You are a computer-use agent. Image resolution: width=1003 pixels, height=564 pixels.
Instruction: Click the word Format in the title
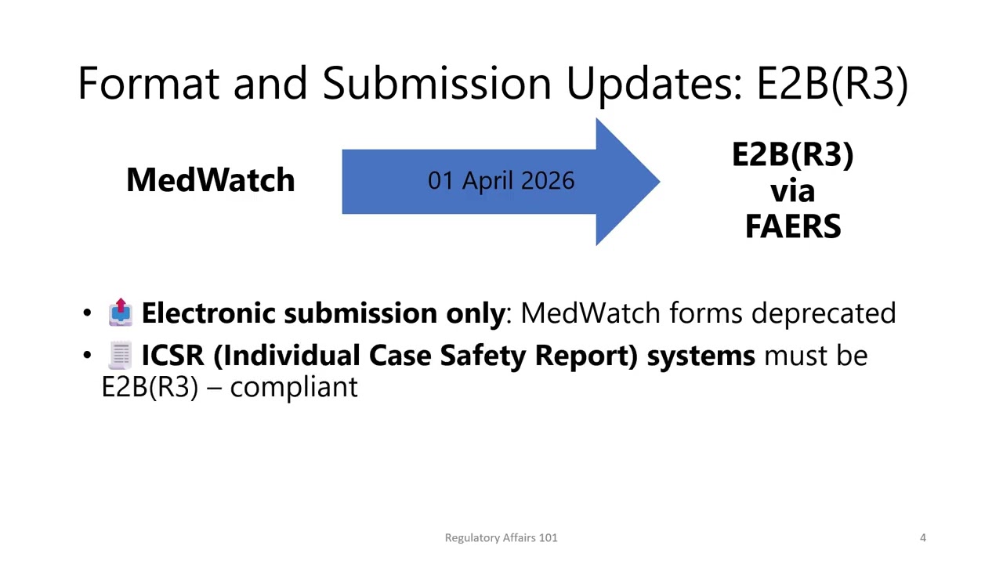tap(148, 83)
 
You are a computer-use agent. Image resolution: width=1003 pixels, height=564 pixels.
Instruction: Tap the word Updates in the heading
tap(654, 83)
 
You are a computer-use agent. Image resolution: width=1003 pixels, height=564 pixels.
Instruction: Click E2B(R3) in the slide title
tap(831, 83)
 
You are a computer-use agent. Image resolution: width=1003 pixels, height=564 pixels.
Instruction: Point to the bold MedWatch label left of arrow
tap(210, 180)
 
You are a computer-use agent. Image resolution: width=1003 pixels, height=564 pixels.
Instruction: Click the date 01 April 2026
tap(501, 181)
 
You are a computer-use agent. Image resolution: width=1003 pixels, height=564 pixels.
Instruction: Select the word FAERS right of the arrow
tap(792, 226)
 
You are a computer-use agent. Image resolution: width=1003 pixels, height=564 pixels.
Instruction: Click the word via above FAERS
tap(792, 191)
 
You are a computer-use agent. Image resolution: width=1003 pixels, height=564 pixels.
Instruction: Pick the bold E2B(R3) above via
tap(792, 155)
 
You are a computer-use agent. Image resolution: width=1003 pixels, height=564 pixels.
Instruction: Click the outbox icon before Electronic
tap(120, 312)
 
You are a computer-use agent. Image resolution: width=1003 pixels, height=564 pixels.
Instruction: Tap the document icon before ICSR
tap(120, 355)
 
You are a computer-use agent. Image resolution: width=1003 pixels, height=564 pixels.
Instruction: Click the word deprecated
tap(823, 313)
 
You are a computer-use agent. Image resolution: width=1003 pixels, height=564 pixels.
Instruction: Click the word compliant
tap(294, 386)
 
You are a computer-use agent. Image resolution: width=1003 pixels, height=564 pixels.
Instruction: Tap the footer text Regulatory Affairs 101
tap(501, 537)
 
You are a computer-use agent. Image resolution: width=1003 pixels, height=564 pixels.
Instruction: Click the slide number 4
tap(922, 537)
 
